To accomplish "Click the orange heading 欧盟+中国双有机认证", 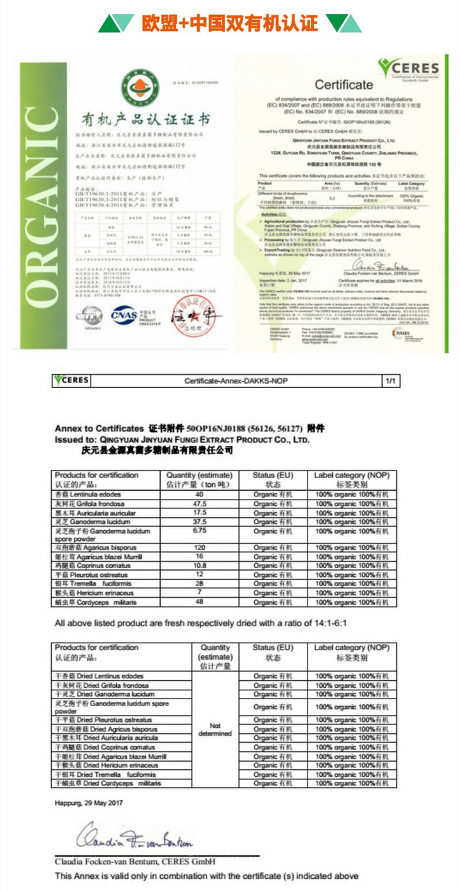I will [230, 24].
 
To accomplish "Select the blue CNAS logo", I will [124, 314].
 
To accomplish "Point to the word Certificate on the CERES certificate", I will [343, 84].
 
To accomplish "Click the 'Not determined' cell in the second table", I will [215, 729].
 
